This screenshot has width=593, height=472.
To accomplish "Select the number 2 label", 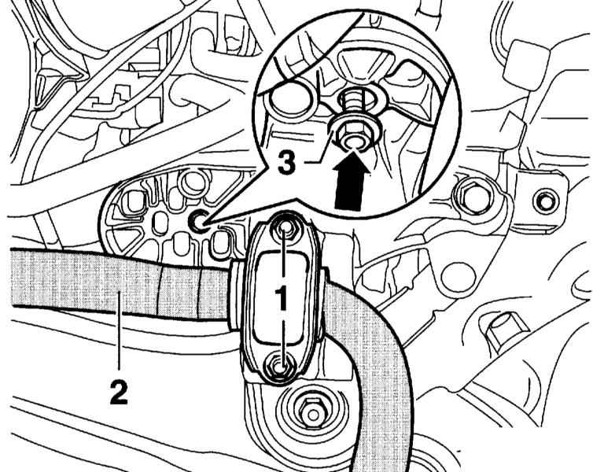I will [119, 391].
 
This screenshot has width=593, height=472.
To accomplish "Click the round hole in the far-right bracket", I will [541, 202].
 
